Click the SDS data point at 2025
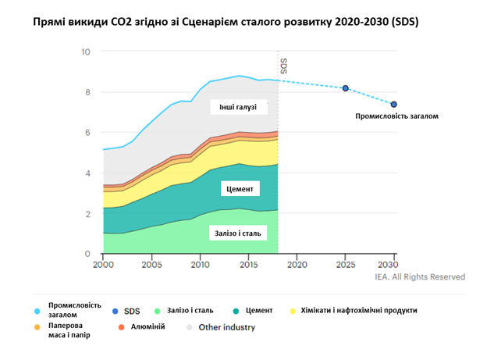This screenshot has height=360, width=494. point(346,88)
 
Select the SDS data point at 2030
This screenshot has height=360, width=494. point(394,104)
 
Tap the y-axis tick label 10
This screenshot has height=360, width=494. point(86,52)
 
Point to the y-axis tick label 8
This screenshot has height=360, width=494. point(88,92)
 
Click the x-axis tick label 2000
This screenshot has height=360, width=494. point(103,266)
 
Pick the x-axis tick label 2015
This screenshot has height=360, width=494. point(249,266)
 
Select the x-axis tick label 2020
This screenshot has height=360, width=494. point(297,266)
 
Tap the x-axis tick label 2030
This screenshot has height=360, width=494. point(394,266)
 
